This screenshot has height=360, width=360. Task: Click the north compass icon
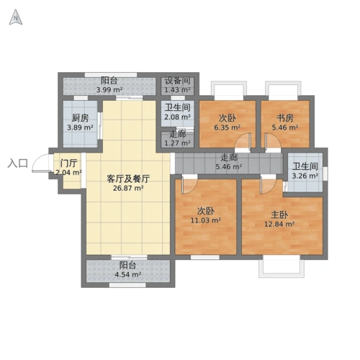[x=15, y=18]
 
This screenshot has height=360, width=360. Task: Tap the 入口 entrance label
[x=17, y=163]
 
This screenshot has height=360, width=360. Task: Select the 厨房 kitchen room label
[x=80, y=118]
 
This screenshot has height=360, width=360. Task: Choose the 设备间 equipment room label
[x=177, y=81]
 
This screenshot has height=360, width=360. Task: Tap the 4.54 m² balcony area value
[x=129, y=274]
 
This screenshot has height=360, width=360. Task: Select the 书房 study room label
[x=284, y=119]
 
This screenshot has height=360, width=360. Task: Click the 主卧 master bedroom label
[x=279, y=215]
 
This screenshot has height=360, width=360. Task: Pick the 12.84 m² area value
[x=279, y=224]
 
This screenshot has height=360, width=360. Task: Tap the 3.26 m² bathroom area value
[x=305, y=176]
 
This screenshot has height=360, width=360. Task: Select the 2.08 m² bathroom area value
[x=177, y=117]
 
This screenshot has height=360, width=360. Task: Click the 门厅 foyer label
[x=69, y=163]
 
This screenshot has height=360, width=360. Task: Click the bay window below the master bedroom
[x=282, y=267]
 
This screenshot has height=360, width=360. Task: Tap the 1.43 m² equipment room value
[x=177, y=90]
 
